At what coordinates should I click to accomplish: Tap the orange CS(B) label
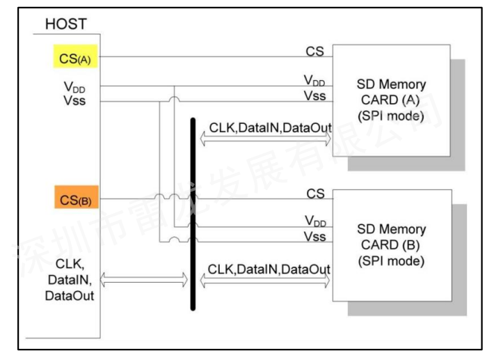click(x=74, y=201)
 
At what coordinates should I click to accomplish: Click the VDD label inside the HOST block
click(x=69, y=89)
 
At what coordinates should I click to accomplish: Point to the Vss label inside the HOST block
click(x=67, y=102)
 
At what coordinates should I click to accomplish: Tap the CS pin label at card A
click(x=314, y=52)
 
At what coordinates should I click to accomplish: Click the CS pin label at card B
click(x=314, y=194)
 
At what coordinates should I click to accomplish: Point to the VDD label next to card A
click(x=314, y=81)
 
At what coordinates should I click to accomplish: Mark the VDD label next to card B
click(x=314, y=222)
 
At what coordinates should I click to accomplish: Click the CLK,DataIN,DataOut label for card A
click(x=269, y=127)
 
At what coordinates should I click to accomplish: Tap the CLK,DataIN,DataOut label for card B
click(x=269, y=269)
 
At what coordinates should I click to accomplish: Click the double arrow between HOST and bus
click(x=144, y=281)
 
